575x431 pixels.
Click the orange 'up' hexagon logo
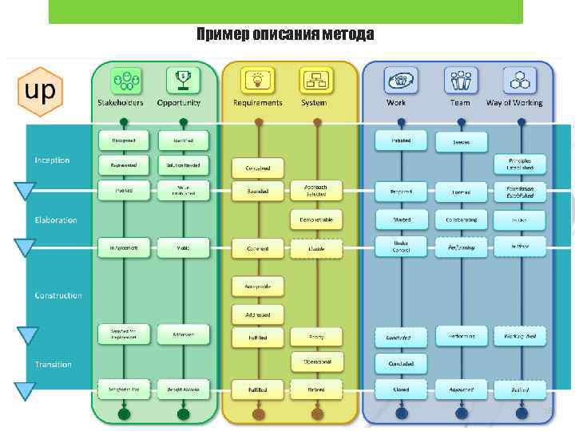tap(40, 90)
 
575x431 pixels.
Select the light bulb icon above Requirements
tap(257, 81)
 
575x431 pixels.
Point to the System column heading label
tap(314, 103)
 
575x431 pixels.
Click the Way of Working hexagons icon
tap(520, 81)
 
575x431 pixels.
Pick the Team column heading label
tap(460, 103)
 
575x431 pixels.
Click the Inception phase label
tap(52, 160)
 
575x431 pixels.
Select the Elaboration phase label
tap(56, 219)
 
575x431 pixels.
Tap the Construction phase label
tap(58, 295)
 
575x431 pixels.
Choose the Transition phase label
tap(54, 365)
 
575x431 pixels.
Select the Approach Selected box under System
tap(316, 191)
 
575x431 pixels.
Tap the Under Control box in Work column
tap(402, 247)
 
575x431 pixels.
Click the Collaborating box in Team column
tap(462, 219)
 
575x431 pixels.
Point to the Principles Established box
tap(520, 164)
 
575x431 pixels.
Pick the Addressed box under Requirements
tap(253, 315)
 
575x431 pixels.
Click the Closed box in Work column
tap(402, 390)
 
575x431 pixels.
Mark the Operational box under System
tap(316, 361)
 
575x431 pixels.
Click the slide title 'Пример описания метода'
tap(285, 34)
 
